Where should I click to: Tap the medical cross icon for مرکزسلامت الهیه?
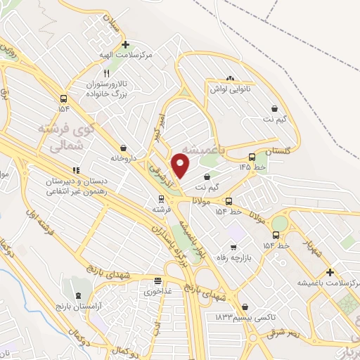[125, 45]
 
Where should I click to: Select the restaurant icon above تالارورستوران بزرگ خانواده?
[106, 72]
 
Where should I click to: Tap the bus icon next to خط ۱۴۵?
[252, 157]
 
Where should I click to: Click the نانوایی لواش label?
[229, 90]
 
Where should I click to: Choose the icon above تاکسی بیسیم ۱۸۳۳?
[244, 307]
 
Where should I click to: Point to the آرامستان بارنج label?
[75, 308]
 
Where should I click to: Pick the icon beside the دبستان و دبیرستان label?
[77, 170]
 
